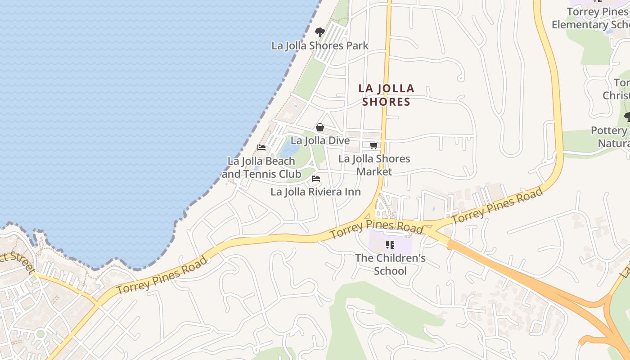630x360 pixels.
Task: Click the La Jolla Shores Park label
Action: click(319, 45)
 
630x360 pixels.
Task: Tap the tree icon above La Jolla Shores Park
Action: click(320, 32)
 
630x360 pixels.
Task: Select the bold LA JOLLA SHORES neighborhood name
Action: click(387, 95)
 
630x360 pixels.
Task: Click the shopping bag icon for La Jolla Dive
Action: click(320, 127)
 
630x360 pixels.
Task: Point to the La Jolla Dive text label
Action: click(320, 140)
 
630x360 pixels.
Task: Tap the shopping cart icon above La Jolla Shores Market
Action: click(373, 145)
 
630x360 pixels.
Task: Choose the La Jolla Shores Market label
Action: click(374, 165)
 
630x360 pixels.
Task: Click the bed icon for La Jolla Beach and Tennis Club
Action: click(261, 147)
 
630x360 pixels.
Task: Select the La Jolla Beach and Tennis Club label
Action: click(261, 167)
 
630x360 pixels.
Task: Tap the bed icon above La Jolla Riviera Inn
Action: click(316, 179)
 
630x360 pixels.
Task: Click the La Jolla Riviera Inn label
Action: click(315, 192)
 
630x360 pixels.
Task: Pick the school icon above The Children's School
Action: click(390, 245)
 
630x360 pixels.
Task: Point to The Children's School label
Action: click(390, 265)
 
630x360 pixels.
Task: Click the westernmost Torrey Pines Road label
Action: click(162, 275)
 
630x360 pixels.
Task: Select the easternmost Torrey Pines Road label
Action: click(498, 206)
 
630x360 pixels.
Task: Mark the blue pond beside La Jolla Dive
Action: click(289, 148)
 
